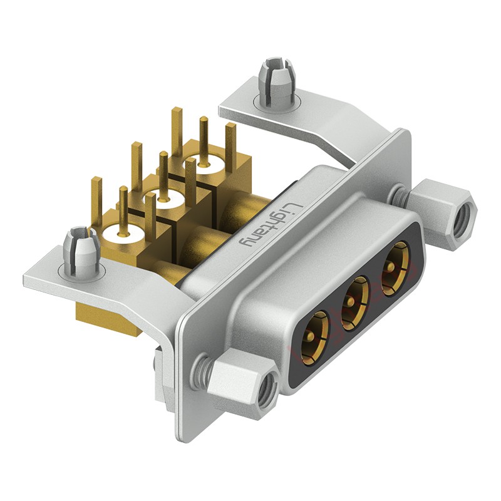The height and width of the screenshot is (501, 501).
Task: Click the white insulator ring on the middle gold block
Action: [164, 200]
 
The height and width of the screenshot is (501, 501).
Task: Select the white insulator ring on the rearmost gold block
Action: [204, 167]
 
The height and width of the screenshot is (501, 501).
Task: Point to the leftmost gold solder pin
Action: [96, 200]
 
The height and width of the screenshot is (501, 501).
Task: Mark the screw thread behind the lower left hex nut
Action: [201, 369]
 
